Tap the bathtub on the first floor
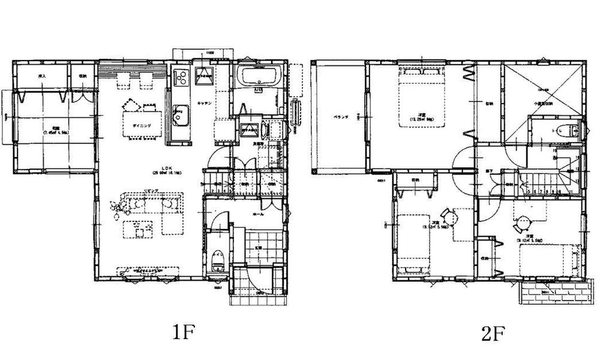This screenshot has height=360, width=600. [259, 78]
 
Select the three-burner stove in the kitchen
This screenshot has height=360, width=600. [181, 77]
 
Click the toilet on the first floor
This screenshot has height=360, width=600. [217, 259]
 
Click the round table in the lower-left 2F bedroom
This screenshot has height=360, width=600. [446, 214]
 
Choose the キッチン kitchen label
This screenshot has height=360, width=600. [202, 104]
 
